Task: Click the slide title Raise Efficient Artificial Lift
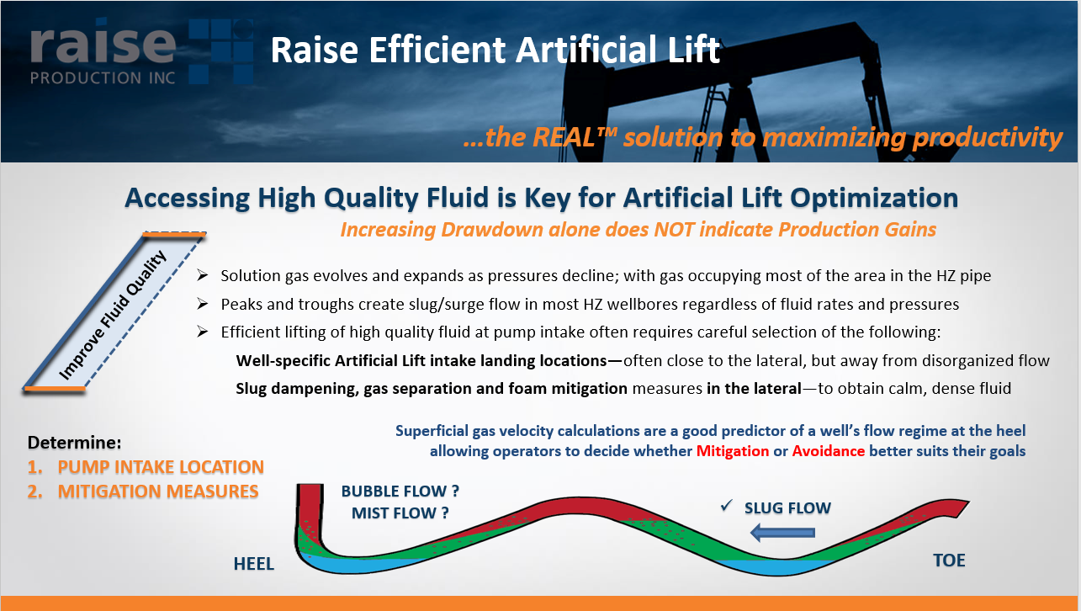pos(495,51)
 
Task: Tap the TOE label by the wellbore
pos(949,561)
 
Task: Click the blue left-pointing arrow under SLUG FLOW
pos(782,531)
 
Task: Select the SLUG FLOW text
pos(787,508)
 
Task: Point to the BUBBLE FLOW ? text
pos(400,491)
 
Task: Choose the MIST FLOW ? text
pos(400,513)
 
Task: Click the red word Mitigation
pos(733,451)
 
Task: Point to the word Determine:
pos(75,443)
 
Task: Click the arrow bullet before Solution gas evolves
pos(202,276)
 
